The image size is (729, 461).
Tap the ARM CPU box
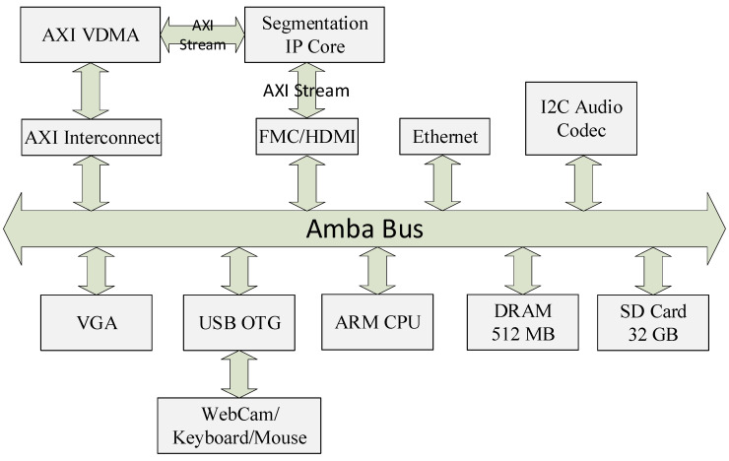tap(377, 321)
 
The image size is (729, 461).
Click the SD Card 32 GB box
tap(651, 321)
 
